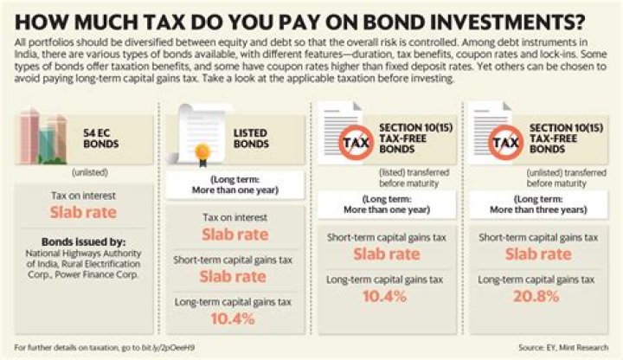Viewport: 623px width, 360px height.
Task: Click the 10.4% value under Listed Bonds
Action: [233, 318]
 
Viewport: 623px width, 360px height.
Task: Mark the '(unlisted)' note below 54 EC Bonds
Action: [82, 171]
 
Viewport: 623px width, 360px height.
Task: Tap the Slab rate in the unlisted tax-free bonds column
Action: [537, 254]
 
